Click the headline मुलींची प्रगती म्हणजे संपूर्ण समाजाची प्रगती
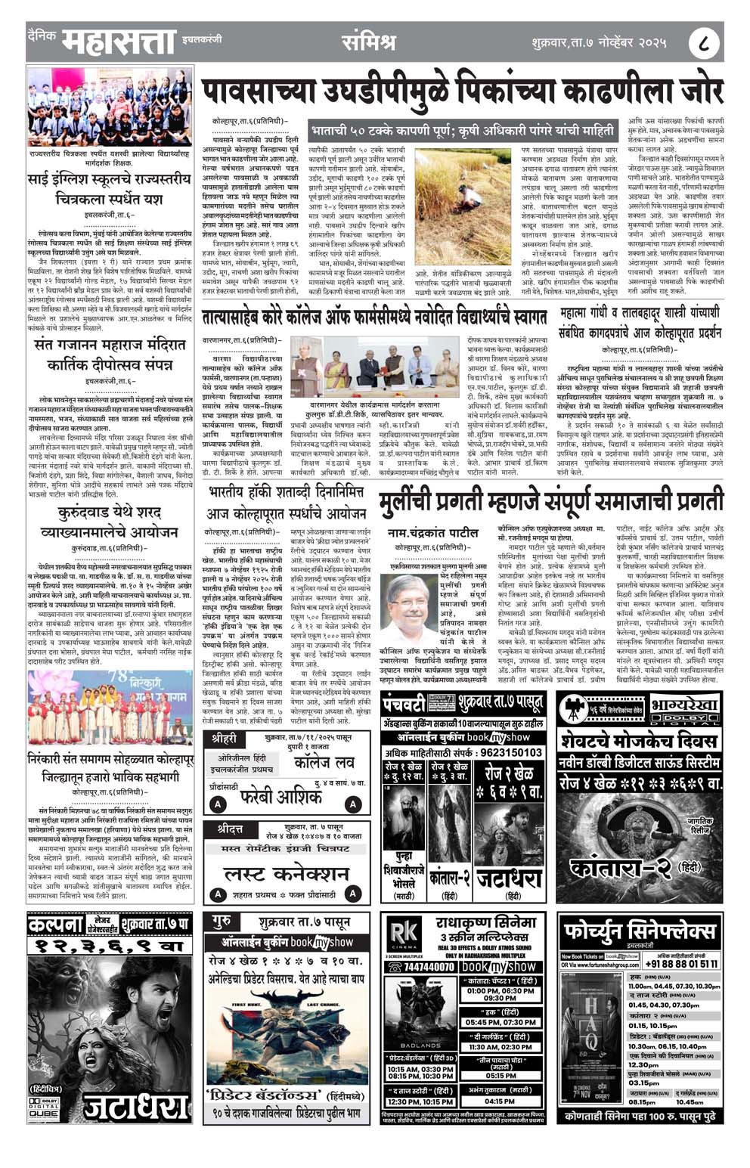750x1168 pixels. pos(551,500)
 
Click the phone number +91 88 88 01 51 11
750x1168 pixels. pos(681,964)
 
